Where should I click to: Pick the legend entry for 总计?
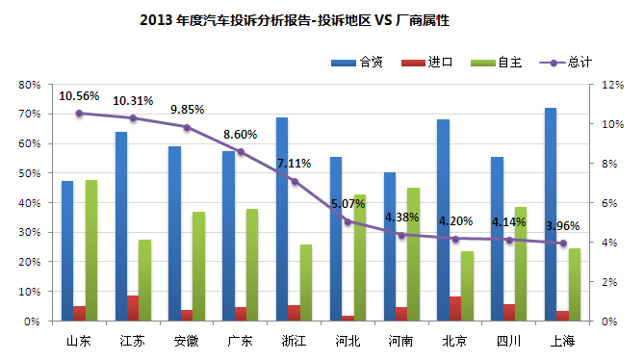pos(579,62)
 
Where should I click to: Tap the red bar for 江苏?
pos(133,308)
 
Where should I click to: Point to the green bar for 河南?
pos(413,254)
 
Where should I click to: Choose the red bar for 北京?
pos(455,308)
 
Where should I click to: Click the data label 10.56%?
pos(79,96)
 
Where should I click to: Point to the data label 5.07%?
pos(348,204)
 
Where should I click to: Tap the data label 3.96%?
pos(563,226)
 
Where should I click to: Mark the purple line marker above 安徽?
pos(187,127)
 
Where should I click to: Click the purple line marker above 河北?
pos(348,221)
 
